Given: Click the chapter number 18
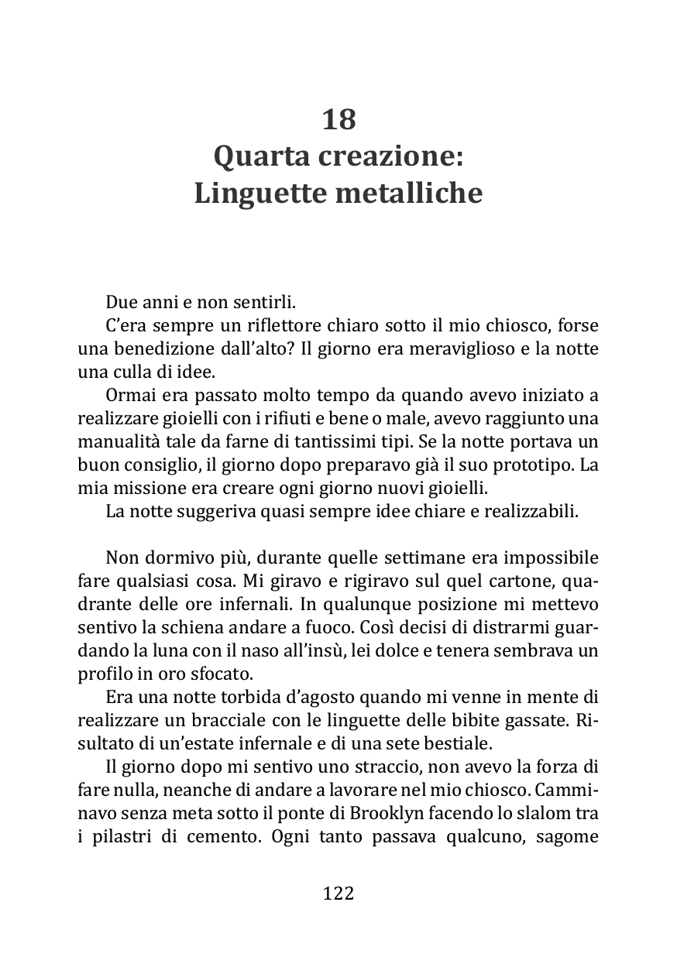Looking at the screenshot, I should [338, 120].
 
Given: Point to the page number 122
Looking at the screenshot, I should [338, 893].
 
